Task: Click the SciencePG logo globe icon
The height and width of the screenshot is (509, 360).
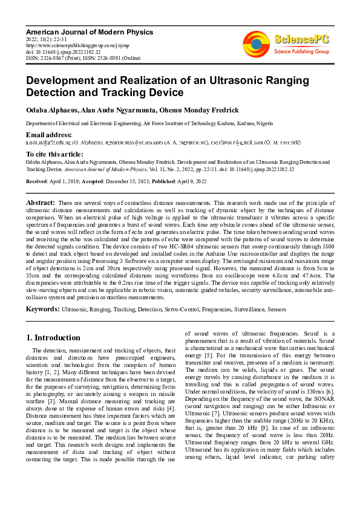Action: (x=256, y=41)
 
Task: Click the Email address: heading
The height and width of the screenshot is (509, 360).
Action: (x=48, y=134)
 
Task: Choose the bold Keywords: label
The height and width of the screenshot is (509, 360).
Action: (x=42, y=309)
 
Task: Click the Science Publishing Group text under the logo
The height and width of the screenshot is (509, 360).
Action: (x=301, y=52)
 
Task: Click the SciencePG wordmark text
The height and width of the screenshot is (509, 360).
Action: (x=302, y=40)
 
